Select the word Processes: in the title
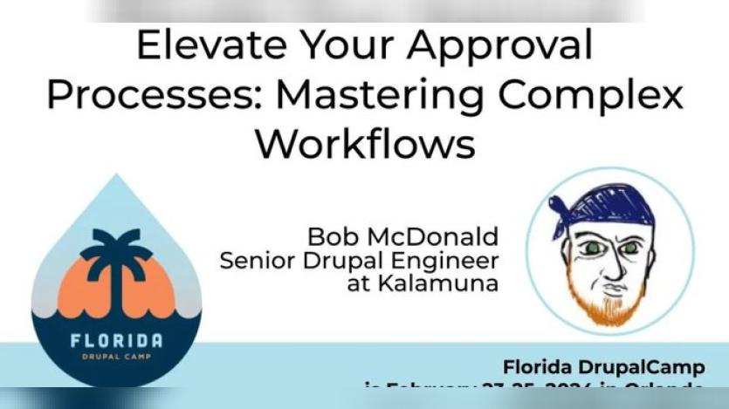pyautogui.click(x=148, y=94)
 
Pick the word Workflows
pyautogui.click(x=364, y=142)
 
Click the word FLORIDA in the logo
pyautogui.click(x=116, y=340)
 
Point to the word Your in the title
pyautogui.click(x=334, y=46)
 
